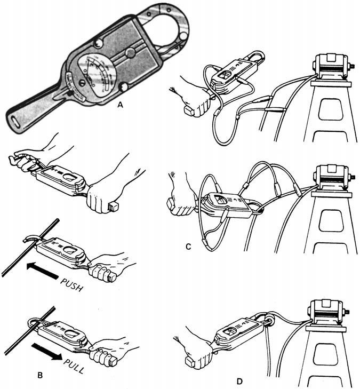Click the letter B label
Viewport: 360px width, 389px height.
(x=41, y=376)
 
